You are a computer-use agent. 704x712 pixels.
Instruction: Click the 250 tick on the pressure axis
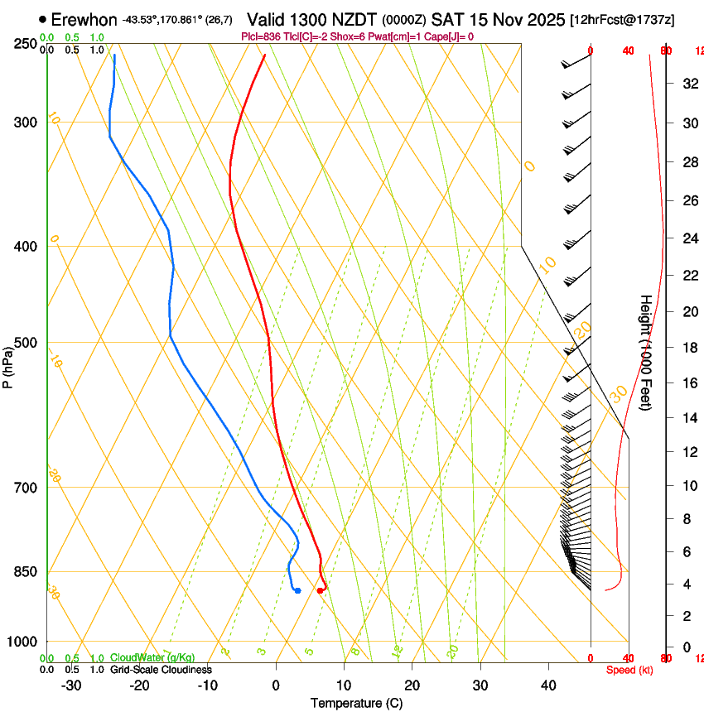(x=27, y=44)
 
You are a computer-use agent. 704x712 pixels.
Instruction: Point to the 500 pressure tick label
(x=27, y=343)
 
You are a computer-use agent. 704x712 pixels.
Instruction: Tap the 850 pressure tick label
(x=27, y=571)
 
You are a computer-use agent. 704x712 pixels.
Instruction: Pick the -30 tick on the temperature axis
(x=71, y=686)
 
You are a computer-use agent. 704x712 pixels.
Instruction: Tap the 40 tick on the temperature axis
(x=547, y=686)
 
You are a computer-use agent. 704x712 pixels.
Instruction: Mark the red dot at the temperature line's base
(x=320, y=590)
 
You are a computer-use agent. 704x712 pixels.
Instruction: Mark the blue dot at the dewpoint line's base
(x=297, y=590)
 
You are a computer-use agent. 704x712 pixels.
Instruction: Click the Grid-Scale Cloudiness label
(x=161, y=670)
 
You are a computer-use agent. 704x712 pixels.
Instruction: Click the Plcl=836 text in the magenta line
(x=260, y=36)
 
